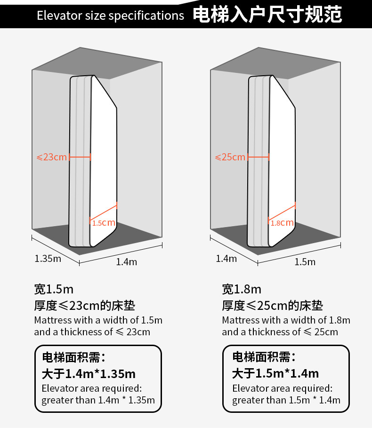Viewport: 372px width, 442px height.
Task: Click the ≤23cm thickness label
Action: (x=52, y=157)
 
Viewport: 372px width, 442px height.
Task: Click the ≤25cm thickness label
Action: (x=230, y=157)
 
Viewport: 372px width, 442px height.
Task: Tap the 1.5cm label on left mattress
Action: (x=104, y=223)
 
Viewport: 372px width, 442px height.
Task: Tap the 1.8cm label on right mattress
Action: (x=282, y=223)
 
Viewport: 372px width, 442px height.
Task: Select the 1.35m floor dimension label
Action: (x=48, y=258)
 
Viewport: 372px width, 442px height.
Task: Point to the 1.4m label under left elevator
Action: (x=126, y=262)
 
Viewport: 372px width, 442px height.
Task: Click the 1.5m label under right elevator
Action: (x=305, y=262)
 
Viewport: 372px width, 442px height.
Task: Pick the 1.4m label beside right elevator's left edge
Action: (x=226, y=258)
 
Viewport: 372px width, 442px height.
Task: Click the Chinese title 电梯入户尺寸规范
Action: (x=267, y=15)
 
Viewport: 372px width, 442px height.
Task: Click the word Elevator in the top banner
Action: (x=56, y=16)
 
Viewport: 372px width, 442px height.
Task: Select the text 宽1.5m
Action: (x=54, y=289)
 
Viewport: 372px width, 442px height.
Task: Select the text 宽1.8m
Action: (x=242, y=289)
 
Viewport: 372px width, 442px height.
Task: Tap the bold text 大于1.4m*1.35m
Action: (x=89, y=374)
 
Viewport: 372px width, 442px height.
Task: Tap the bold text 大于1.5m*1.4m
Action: (x=275, y=374)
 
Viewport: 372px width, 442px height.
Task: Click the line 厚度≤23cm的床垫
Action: (x=85, y=306)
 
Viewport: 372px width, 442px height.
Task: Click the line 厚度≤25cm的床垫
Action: (x=273, y=306)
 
